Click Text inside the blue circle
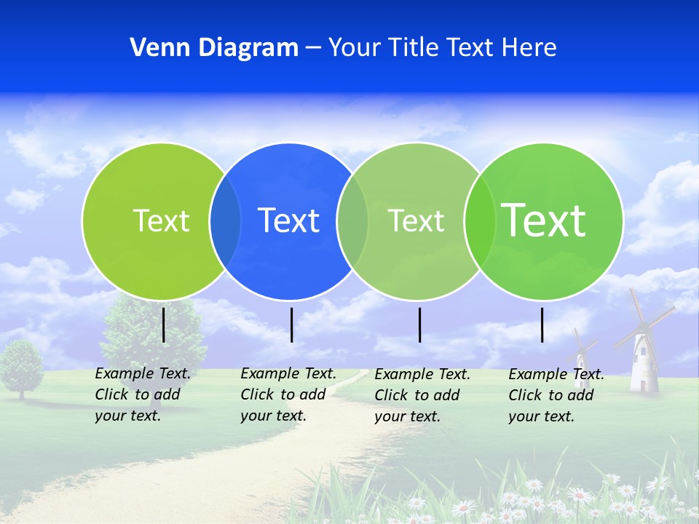point(289,221)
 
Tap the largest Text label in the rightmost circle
point(544,221)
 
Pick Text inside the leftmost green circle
point(161,221)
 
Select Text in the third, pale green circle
point(416,221)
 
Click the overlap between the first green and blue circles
point(225,221)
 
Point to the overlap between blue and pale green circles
point(352,221)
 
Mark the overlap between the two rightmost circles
point(479,221)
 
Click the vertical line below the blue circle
point(291,325)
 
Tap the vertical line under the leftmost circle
point(164,325)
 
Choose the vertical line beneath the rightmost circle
point(542,325)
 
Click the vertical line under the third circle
point(420,325)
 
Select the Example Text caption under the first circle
point(142,394)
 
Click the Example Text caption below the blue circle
point(288,394)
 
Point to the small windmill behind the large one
point(581,353)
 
